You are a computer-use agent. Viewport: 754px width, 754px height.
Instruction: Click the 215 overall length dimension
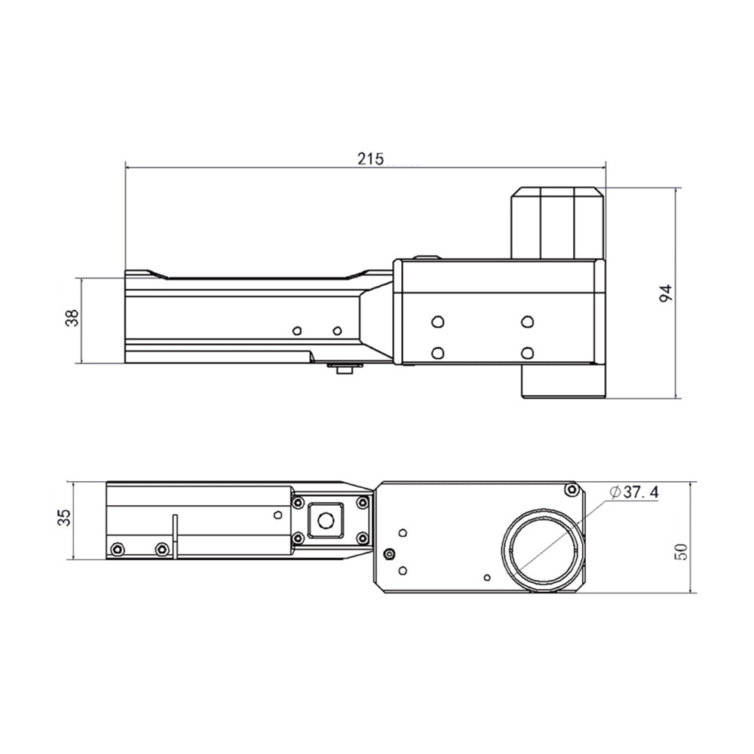(x=370, y=158)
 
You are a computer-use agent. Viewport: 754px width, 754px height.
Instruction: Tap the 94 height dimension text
(x=665, y=293)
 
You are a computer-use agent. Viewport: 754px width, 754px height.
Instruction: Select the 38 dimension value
(x=72, y=317)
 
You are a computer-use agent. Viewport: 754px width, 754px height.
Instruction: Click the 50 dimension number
(x=682, y=551)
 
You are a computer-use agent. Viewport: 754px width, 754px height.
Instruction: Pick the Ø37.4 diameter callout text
(x=633, y=492)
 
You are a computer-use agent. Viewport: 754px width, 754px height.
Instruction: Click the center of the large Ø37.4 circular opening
(x=543, y=550)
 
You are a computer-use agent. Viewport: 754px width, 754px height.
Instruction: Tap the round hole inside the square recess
(x=326, y=520)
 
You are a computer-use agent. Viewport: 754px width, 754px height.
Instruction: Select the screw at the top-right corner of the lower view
(x=572, y=489)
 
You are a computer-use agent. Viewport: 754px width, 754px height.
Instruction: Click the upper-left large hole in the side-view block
(x=437, y=321)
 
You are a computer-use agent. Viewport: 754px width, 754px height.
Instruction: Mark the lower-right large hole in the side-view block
(x=528, y=354)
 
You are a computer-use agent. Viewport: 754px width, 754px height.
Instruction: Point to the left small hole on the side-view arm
(x=297, y=330)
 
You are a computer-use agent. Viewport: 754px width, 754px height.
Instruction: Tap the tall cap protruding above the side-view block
(x=557, y=224)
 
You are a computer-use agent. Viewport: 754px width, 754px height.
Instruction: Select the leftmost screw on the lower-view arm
(x=117, y=549)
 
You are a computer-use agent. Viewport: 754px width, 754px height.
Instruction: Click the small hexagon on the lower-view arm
(x=277, y=514)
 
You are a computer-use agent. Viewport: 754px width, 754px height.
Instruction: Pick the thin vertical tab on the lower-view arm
(x=175, y=537)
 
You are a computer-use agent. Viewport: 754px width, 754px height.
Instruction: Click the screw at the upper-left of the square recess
(x=298, y=502)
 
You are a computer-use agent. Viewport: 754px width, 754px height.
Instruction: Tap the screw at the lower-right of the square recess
(x=362, y=537)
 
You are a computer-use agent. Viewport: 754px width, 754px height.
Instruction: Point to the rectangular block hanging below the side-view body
(x=563, y=382)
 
